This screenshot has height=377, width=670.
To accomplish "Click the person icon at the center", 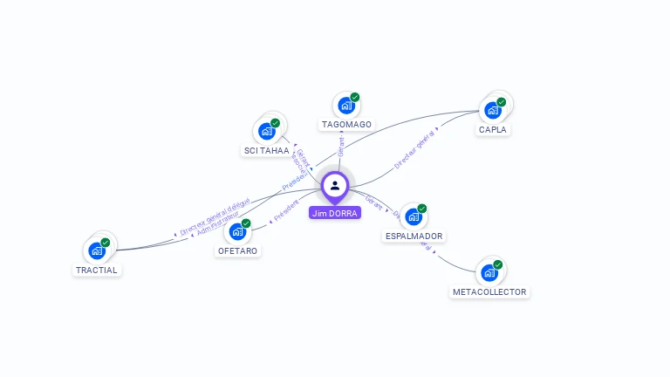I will click(335, 185).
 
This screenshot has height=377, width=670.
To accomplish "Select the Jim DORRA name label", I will click(334, 212).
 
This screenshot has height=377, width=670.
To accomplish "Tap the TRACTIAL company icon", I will click(98, 250).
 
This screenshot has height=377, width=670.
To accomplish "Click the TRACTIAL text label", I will click(96, 271).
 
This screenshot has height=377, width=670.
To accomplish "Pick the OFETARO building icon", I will click(237, 231).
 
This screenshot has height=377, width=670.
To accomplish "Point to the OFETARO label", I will click(238, 251).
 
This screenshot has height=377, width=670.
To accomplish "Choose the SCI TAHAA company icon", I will click(266, 131).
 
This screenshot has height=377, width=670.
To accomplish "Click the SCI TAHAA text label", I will click(266, 151).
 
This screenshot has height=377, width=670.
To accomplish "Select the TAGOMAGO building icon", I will click(346, 106).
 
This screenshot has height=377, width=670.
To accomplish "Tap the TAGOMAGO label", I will click(346, 125).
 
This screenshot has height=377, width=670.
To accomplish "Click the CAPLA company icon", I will click(493, 110).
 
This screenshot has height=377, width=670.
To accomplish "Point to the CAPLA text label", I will click(493, 130).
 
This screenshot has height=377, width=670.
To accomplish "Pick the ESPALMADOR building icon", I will click(414, 216).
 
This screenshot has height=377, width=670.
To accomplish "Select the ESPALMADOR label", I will click(414, 236).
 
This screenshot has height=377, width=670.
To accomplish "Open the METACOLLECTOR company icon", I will click(489, 272).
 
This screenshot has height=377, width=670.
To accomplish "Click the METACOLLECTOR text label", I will click(489, 292).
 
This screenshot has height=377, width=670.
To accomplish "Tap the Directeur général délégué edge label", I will click(215, 217).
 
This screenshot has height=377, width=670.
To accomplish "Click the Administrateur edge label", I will click(218, 228).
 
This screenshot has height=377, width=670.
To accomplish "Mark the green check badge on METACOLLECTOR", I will click(498, 264).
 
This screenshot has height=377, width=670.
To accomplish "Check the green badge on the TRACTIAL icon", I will click(106, 242).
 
